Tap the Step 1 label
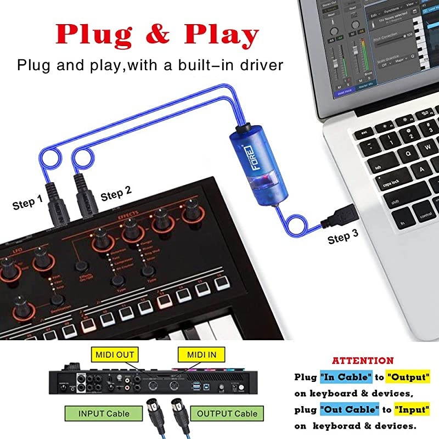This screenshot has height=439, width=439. click(27, 204)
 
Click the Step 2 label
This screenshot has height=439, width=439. click(116, 193)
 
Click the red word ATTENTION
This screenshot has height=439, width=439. click(363, 361)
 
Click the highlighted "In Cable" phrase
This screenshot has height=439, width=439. click(341, 377)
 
